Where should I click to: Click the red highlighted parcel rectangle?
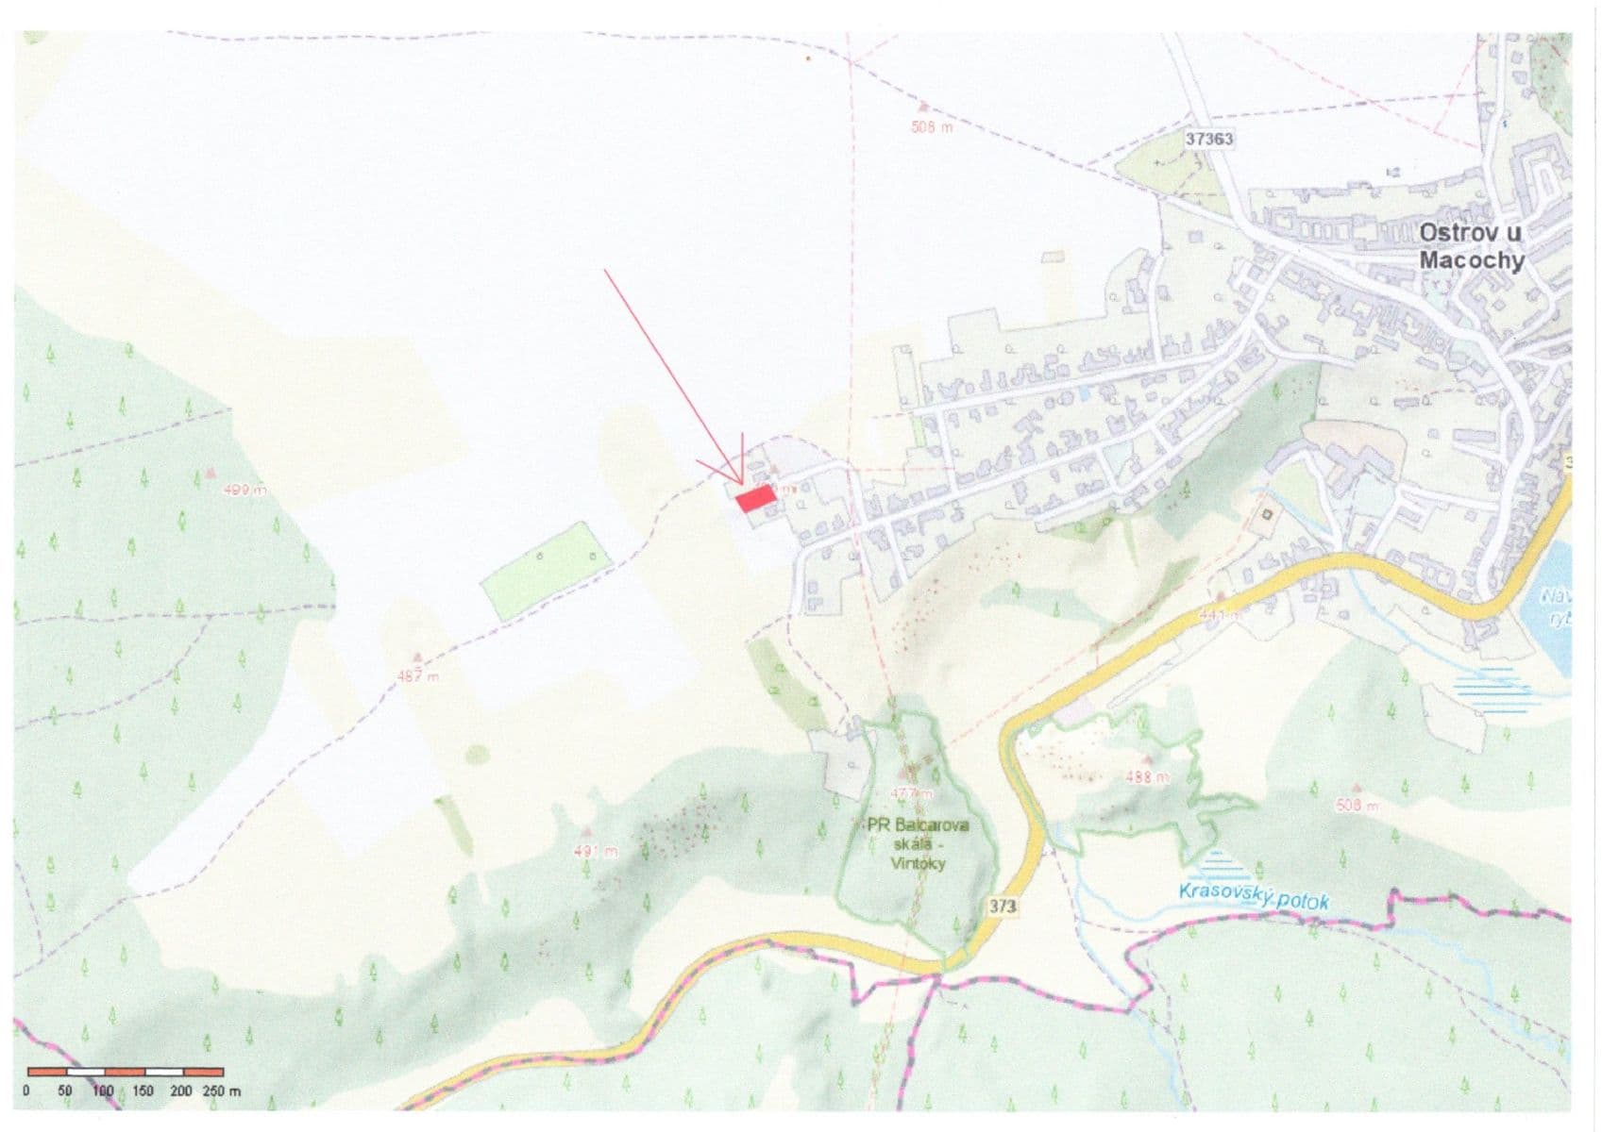[x=756, y=499]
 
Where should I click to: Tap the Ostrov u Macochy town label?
[x=1471, y=247]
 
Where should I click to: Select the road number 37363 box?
[x=1209, y=139]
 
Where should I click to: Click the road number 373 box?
[x=1003, y=907]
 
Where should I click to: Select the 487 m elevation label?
[x=418, y=676]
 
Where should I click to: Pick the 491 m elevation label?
[x=595, y=852]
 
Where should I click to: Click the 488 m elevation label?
[x=1148, y=778]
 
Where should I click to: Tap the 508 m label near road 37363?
[x=932, y=127]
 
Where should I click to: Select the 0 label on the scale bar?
[x=26, y=1091]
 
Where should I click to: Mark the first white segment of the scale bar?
[x=86, y=1073]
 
